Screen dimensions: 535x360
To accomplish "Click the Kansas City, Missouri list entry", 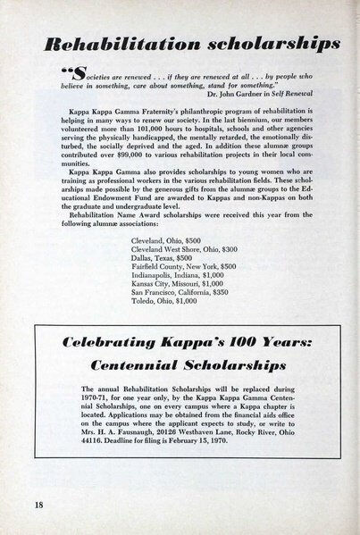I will [181, 280].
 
